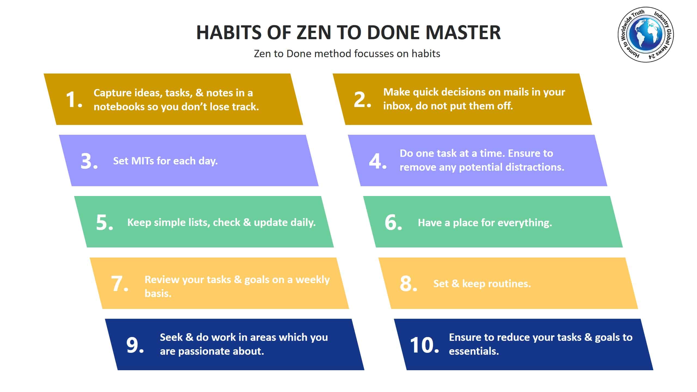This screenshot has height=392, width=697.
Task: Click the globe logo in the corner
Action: coord(646,35)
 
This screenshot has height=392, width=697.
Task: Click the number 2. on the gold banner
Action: coord(362,99)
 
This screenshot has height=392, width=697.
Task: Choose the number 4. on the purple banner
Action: coord(378,161)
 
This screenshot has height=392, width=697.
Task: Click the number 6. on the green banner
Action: coord(393,222)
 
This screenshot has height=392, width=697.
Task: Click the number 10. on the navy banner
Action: coord(424,345)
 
